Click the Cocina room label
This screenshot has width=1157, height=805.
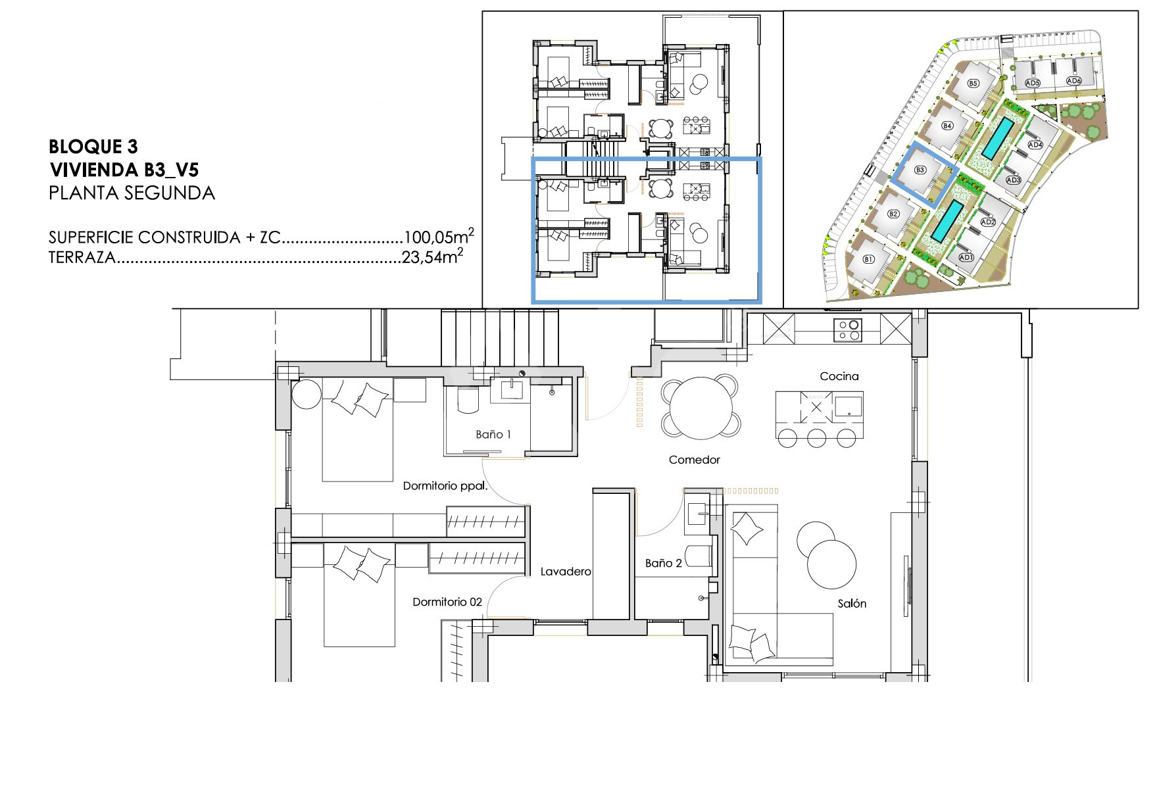tap(839, 376)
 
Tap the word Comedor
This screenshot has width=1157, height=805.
tap(694, 460)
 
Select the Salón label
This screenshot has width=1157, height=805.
tap(852, 603)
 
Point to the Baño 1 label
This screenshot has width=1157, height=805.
tap(493, 434)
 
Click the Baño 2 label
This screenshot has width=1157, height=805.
tap(664, 563)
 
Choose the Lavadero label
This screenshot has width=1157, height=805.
tap(566, 572)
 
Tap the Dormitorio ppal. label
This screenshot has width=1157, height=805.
tap(445, 487)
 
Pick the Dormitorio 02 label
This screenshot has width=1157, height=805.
tap(447, 602)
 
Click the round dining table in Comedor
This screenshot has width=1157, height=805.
tap(701, 408)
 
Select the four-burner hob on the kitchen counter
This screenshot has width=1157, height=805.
tap(847, 329)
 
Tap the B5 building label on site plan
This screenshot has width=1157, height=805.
tap(973, 83)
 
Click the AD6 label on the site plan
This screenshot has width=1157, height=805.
tap(1073, 81)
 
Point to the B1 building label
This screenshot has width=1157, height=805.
tap(868, 259)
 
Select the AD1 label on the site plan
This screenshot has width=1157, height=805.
tap(966, 257)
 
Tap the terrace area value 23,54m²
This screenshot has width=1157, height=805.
tap(432, 257)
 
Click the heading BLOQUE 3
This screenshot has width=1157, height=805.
tap(93, 146)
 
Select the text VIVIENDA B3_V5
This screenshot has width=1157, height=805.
tap(124, 170)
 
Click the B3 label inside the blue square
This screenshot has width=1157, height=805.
tap(920, 170)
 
